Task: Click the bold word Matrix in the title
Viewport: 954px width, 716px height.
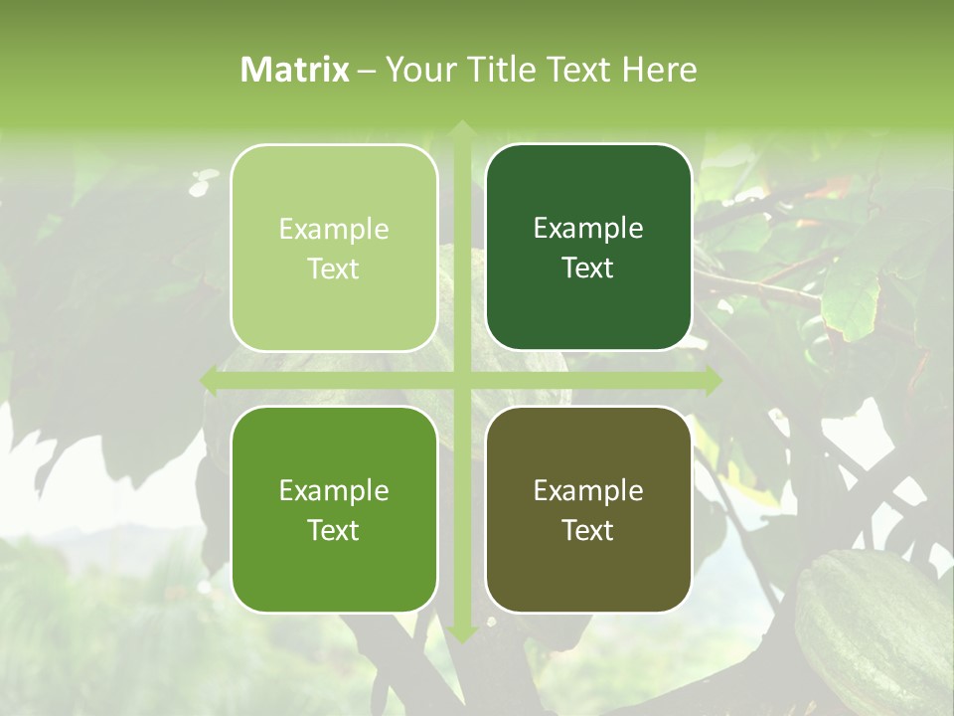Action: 295,70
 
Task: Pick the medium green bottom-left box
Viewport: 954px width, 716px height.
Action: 334,567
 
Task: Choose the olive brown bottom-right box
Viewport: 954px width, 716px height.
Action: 588,567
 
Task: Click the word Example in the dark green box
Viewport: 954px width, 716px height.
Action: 588,229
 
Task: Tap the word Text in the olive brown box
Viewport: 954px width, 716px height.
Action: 588,530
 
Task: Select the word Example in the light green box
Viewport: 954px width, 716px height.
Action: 334,230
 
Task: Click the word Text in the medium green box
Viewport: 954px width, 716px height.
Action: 334,530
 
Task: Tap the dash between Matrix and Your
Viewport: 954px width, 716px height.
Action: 367,71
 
